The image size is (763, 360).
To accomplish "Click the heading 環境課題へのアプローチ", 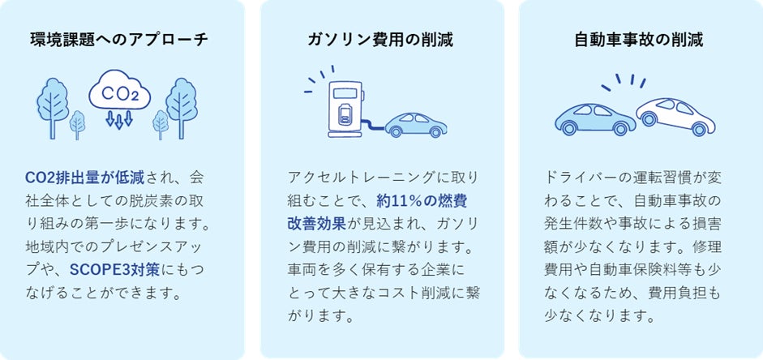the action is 119,38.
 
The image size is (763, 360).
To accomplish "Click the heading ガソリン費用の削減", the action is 380,38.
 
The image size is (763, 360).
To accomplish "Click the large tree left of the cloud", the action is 53,103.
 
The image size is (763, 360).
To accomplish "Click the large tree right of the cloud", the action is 182,103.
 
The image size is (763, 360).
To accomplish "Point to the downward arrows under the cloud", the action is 119,121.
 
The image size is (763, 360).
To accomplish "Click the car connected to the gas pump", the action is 416,124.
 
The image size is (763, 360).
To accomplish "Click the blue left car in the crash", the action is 594,118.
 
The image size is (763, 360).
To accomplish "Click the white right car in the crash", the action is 675,116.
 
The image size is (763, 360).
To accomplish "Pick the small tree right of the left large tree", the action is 77,124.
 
